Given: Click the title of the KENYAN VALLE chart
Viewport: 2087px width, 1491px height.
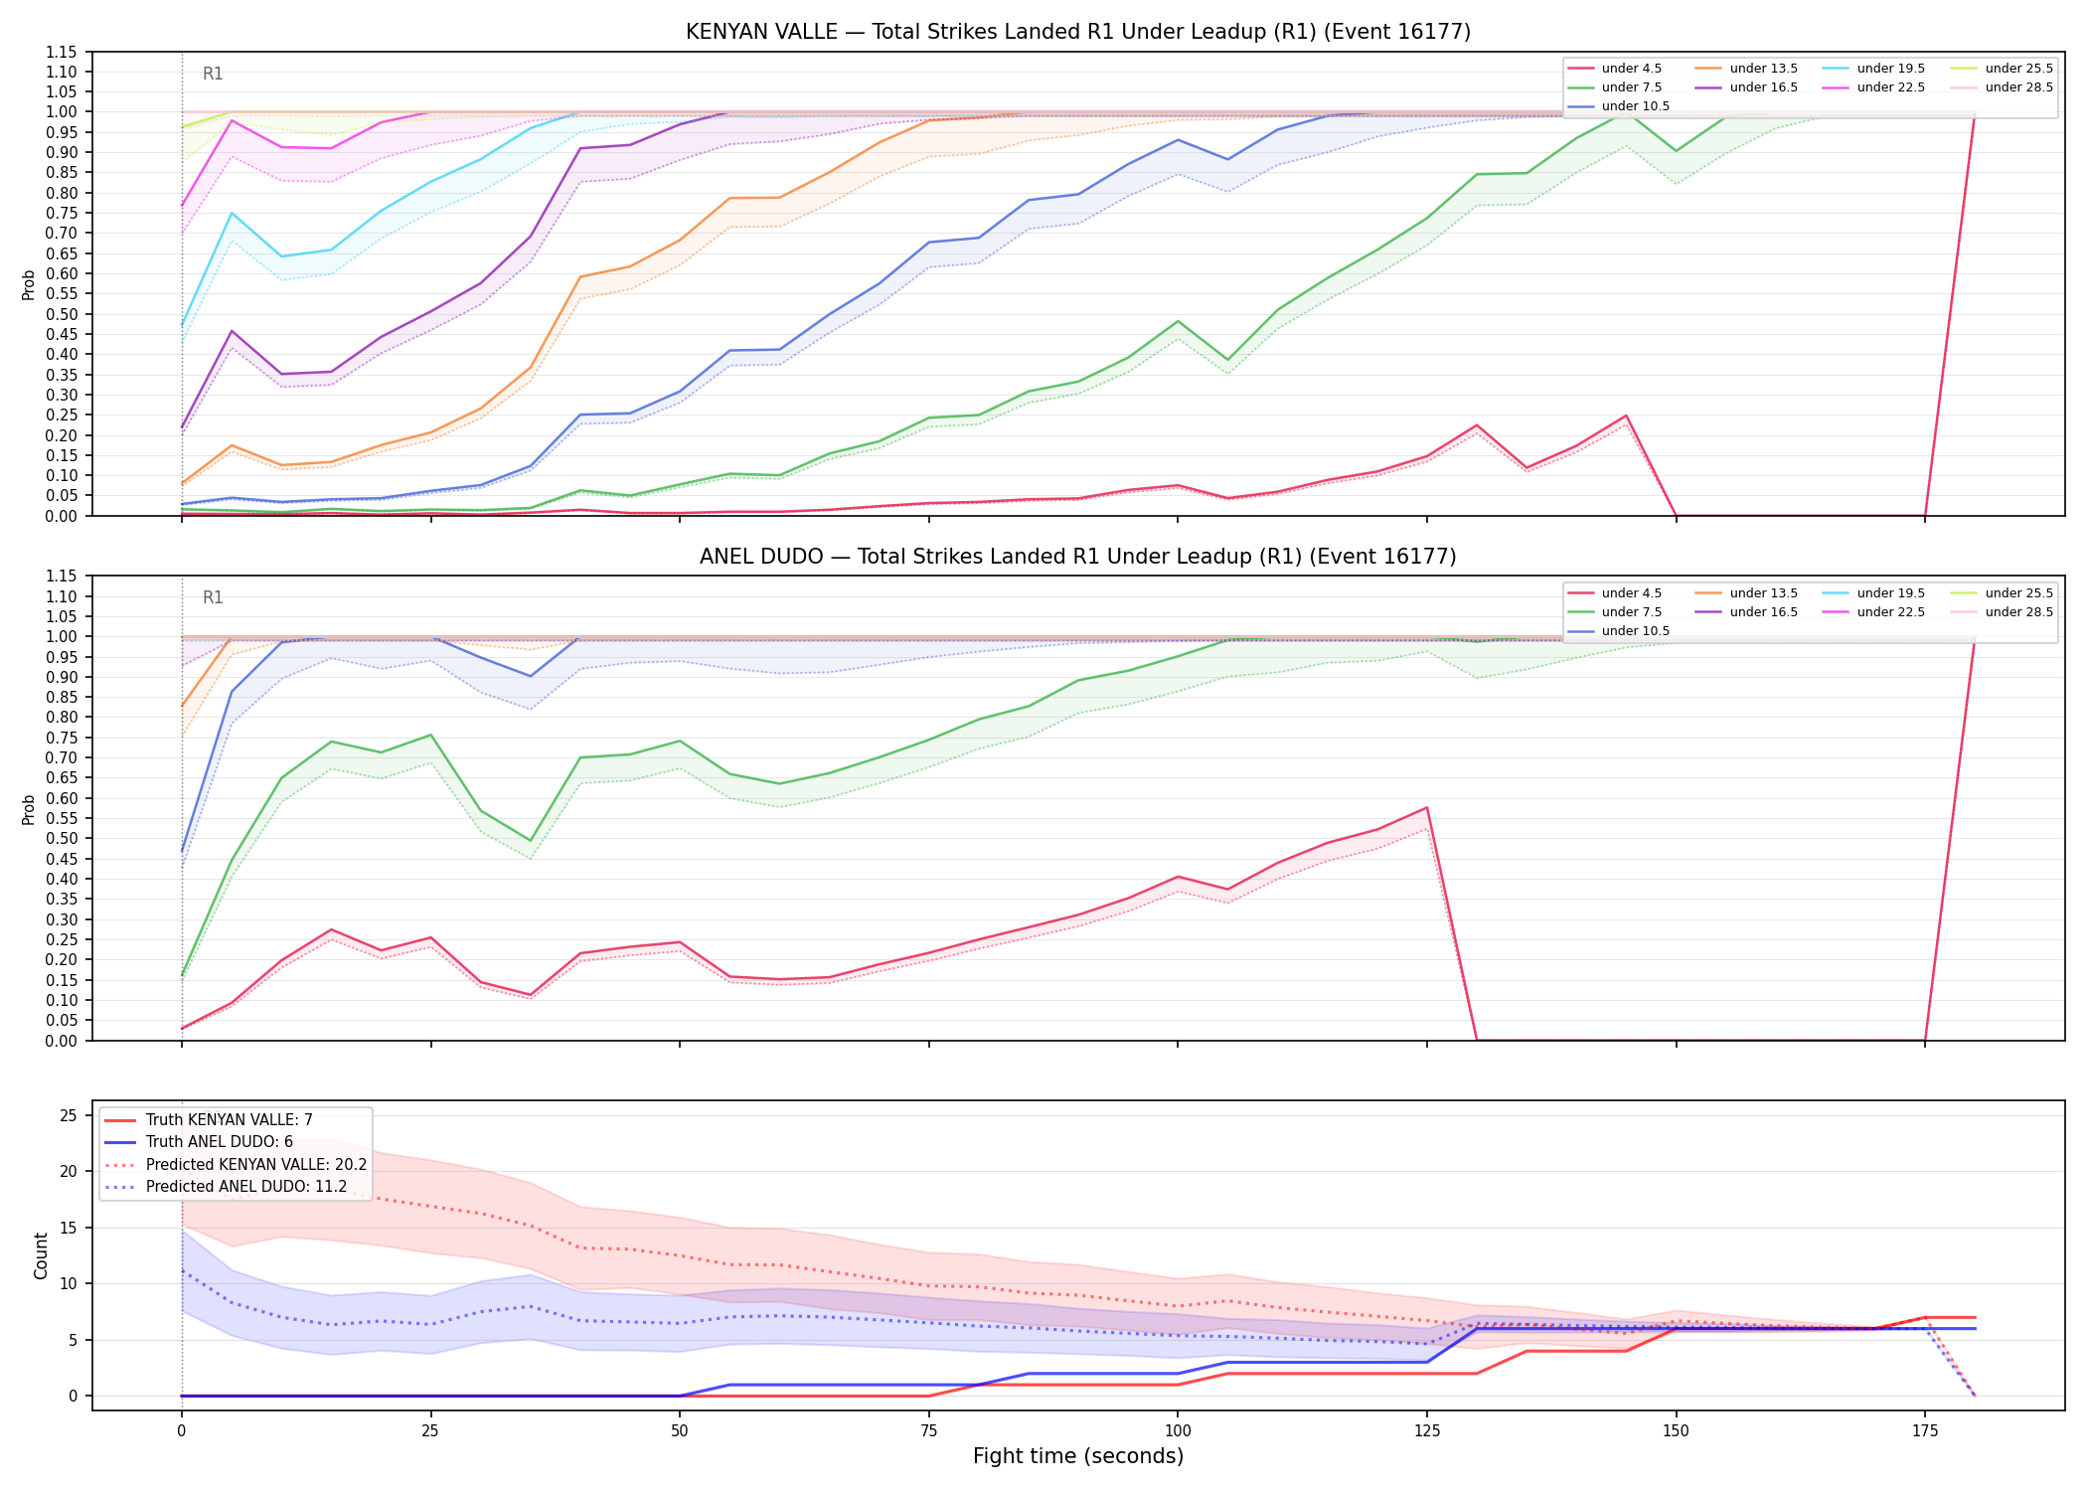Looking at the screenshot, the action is coord(1078,32).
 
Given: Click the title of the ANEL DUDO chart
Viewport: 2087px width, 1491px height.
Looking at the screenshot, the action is coord(1078,557).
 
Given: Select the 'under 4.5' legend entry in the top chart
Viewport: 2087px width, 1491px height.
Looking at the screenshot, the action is coord(1615,69).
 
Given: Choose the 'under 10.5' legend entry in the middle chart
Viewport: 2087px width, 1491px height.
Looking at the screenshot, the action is coord(1619,631).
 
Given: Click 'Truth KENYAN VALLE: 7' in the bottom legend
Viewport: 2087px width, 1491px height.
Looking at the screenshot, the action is coord(209,1120).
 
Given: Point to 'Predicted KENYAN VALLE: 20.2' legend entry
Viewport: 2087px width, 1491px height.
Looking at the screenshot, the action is coord(236,1164).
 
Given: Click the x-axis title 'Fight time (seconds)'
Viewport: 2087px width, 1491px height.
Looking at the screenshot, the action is coord(1078,1456).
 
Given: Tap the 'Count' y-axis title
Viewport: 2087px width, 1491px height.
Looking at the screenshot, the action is coord(41,1255).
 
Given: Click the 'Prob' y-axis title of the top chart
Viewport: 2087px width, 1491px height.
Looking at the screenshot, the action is coord(29,284).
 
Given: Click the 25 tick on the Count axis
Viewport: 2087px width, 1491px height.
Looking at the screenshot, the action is coord(69,1115).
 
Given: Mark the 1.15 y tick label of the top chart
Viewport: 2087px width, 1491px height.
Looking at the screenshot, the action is coord(62,52).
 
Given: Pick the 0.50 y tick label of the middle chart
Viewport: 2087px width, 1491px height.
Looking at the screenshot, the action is coord(62,839).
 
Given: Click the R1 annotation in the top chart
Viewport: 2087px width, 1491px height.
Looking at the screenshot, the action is coord(213,74).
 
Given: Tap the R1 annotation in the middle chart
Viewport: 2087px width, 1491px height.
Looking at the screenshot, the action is coord(213,597).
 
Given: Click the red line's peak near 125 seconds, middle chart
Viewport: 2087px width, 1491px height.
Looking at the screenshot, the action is coord(1427,807).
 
